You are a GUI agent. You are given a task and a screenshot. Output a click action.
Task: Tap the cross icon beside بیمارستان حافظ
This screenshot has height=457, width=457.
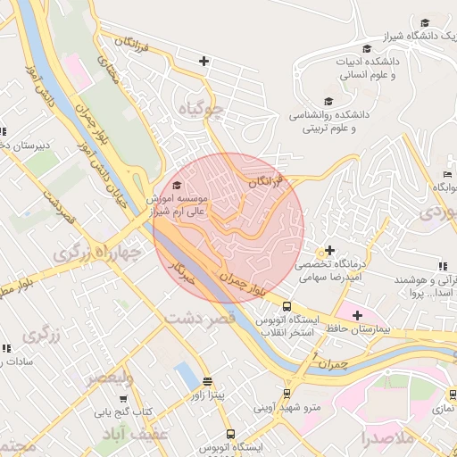pyautogui.click(x=357, y=315)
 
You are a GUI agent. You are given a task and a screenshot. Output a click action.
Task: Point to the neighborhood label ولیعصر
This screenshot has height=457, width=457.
pyautogui.click(x=110, y=378)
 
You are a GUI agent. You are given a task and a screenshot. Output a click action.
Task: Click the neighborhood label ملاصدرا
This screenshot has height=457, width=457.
pyautogui.click(x=389, y=438)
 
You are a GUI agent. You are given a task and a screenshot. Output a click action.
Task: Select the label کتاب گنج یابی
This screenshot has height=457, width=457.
pyautogui.click(x=126, y=412)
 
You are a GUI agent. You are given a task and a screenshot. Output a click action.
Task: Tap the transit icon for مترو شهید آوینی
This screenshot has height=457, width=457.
pyautogui.click(x=287, y=393)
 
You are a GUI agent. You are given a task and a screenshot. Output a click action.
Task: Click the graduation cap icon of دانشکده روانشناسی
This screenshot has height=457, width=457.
pyautogui.click(x=328, y=102)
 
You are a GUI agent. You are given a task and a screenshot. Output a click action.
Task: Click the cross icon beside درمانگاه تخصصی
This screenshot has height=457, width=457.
pyautogui.click(x=330, y=250)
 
